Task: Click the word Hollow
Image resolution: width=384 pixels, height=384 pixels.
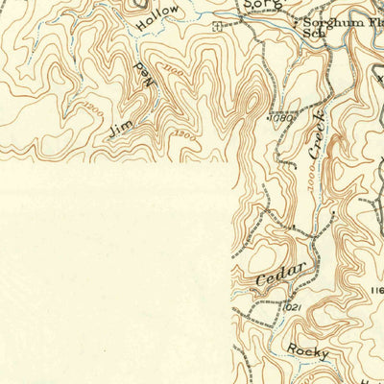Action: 157,22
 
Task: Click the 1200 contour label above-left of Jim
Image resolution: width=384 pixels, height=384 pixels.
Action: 94,108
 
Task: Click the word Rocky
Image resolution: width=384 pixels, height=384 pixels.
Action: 306,353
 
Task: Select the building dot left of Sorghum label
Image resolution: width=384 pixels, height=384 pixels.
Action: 296,20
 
